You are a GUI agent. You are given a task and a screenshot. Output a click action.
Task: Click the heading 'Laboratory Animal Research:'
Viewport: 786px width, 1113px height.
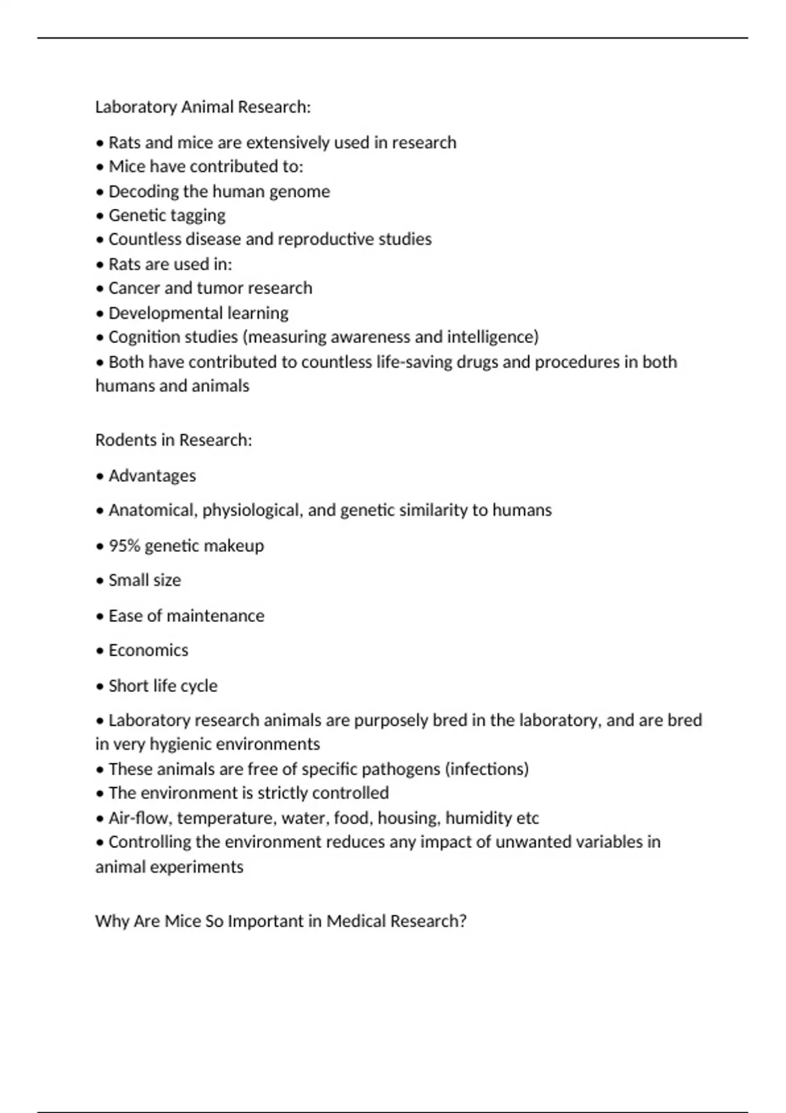[203, 107]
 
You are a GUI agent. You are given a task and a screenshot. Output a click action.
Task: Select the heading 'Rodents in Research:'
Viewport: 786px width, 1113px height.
[174, 440]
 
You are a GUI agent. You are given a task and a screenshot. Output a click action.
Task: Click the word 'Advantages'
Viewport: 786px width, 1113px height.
[152, 476]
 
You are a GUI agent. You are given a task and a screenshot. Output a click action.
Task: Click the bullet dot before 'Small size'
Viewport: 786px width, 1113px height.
[100, 581]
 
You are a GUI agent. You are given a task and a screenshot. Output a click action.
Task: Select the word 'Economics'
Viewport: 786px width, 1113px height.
[148, 650]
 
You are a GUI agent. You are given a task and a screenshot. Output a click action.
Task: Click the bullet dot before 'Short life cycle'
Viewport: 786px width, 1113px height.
[100, 687]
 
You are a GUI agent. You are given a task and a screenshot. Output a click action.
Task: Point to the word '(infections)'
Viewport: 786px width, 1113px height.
[487, 769]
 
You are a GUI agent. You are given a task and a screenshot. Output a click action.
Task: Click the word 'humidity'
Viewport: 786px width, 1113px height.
[478, 818]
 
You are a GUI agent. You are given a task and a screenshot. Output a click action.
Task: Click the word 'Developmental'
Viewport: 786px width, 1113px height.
[156, 313]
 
